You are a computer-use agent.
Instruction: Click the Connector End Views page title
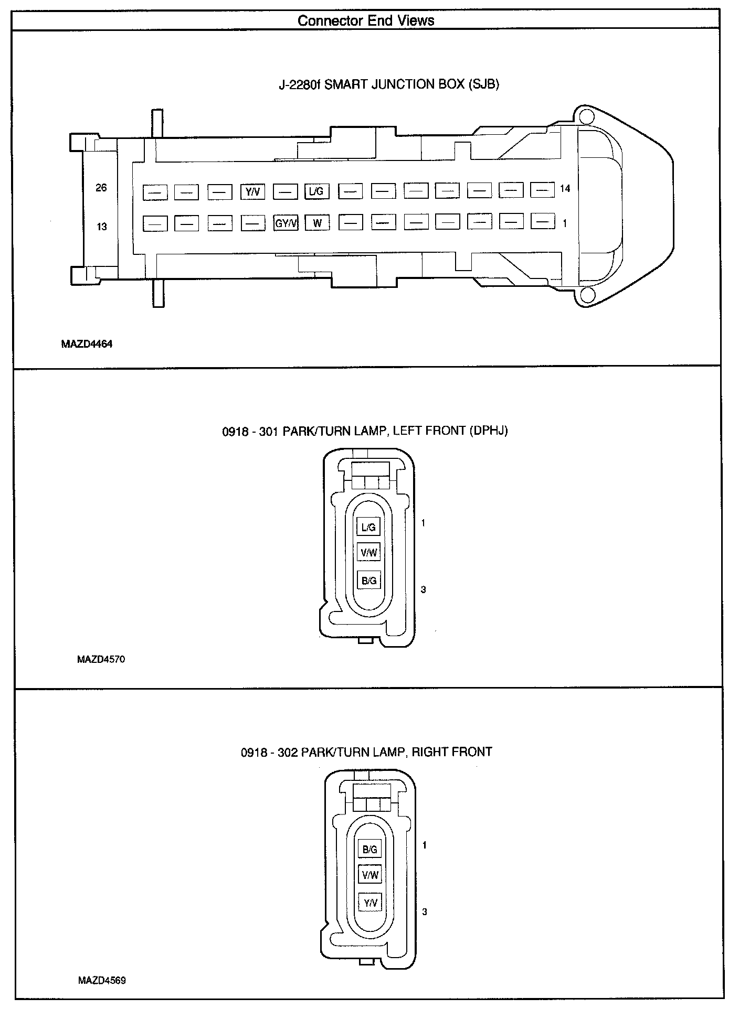pos(366,21)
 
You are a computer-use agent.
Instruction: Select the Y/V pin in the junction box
pos(252,192)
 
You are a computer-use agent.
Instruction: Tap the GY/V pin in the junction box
pos(286,223)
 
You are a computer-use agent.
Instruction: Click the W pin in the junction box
pos(318,223)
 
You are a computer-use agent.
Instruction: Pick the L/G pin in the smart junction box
pos(316,192)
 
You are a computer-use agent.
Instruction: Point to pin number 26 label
pos(101,188)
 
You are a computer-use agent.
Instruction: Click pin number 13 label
pos(101,227)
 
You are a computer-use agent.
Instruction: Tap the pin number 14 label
pos(565,188)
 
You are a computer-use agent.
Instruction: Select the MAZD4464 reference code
pos(87,345)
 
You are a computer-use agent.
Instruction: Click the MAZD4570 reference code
pos(101,659)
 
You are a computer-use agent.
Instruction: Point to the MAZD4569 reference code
pos(102,980)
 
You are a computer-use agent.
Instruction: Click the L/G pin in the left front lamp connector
pos(369,528)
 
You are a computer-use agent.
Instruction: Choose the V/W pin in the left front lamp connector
pos(369,552)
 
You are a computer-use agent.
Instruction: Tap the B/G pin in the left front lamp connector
pos(369,581)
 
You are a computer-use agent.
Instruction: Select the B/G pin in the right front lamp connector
pos(370,850)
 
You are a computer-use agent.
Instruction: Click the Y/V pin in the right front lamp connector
pos(370,903)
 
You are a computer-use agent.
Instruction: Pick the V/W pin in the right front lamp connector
pos(370,875)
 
